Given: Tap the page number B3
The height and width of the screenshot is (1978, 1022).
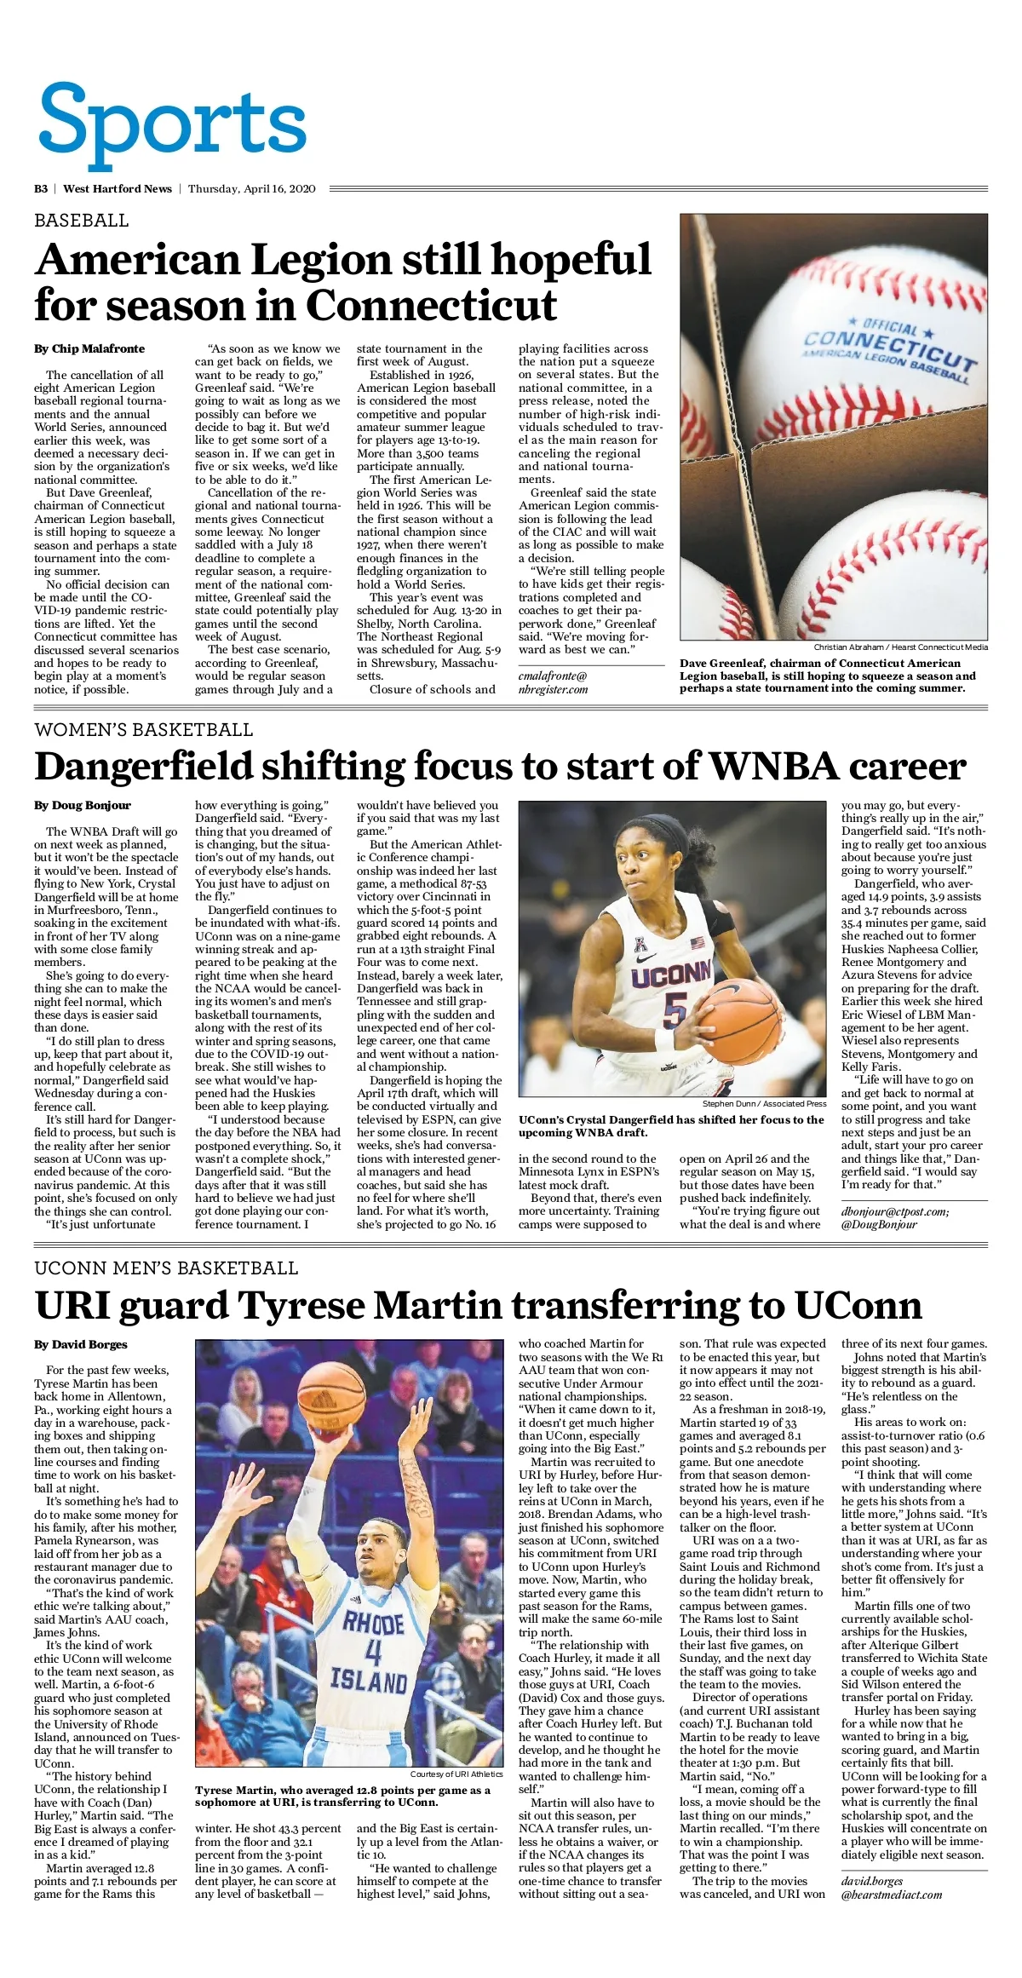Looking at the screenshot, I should point(41,189).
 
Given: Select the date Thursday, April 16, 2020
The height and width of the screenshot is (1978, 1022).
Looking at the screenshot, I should point(251,189).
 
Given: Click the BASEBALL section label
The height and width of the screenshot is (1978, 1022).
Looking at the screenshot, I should point(82,221).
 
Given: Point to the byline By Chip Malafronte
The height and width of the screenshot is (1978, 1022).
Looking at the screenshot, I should point(89,348).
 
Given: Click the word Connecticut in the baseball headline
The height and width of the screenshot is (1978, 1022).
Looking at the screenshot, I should point(431,305).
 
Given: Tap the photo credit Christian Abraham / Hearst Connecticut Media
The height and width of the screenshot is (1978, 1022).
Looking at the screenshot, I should point(900,647).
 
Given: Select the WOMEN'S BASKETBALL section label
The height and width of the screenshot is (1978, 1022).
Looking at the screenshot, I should point(143,730).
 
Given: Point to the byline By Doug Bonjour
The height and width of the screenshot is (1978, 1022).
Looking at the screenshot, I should point(83,805).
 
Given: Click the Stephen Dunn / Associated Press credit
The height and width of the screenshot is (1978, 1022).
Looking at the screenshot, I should point(764,1104).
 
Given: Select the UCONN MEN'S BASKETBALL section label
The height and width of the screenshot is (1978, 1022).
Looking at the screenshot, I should point(166,1268).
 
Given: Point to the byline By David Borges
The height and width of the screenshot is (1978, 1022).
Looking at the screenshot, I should point(81,1344).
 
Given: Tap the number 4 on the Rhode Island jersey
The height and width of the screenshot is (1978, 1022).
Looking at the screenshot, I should point(372,1653).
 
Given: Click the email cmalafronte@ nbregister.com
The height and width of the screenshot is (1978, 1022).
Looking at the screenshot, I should point(553,682).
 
